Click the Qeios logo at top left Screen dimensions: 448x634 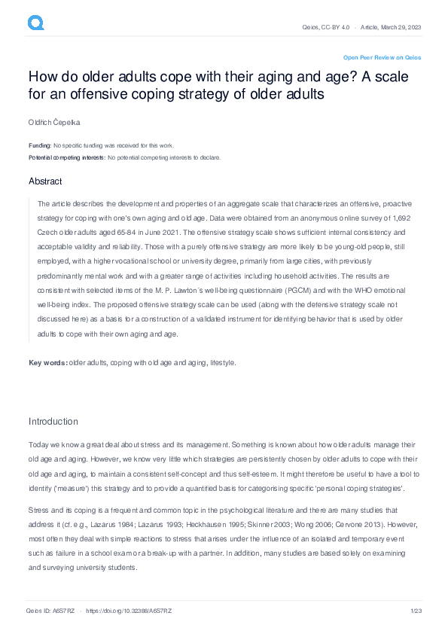point(35,24)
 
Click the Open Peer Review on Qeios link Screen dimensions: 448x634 point(382,57)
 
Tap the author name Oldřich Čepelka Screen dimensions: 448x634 point(55,121)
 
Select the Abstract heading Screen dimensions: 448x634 point(45,181)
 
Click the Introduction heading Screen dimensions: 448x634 point(53,421)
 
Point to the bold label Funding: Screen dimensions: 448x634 point(40,145)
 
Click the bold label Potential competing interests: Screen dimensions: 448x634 point(67,157)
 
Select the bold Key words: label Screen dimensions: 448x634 point(47,363)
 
